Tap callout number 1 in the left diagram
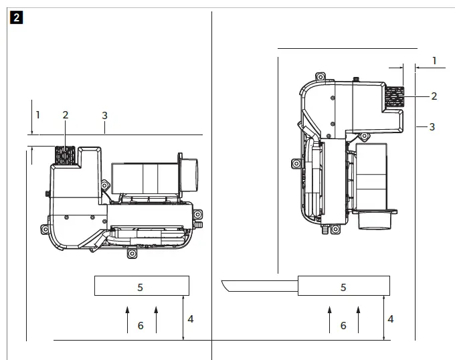pyautogui.click(x=38, y=115)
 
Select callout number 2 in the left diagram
pyautogui.click(x=65, y=115)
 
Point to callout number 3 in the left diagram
pyautogui.click(x=104, y=115)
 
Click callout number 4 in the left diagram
pyautogui.click(x=191, y=319)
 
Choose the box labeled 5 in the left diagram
pyautogui.click(x=141, y=286)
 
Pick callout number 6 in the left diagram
pyautogui.click(x=141, y=325)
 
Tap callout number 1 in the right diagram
pyautogui.click(x=434, y=61)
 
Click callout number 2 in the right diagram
pyautogui.click(x=434, y=96)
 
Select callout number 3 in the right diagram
pyautogui.click(x=432, y=126)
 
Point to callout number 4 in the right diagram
pyautogui.click(x=391, y=319)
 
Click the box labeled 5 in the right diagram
pyautogui.click(x=343, y=286)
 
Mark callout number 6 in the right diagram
pyautogui.click(x=343, y=325)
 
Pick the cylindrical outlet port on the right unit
pyautogui.click(x=375, y=219)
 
